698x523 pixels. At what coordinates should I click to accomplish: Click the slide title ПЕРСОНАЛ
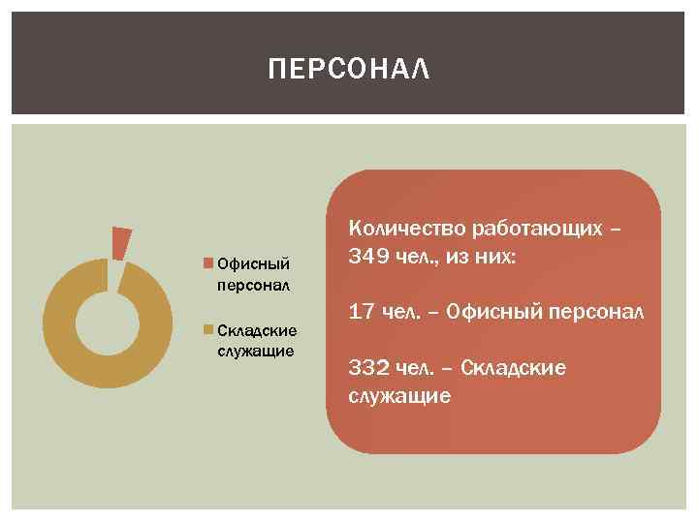[x=348, y=70]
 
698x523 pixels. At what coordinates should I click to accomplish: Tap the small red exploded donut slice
[x=120, y=243]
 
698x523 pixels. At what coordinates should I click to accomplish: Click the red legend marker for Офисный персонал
[x=208, y=262]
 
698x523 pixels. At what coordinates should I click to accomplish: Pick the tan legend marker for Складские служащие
[x=208, y=330]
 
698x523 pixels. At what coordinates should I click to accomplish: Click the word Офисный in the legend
[x=254, y=263]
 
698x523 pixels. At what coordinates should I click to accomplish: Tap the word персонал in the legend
[x=255, y=286]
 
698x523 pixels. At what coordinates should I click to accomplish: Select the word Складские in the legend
[x=258, y=330]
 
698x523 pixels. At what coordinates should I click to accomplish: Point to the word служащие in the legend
[x=256, y=350]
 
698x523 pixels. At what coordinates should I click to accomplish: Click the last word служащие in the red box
[x=398, y=395]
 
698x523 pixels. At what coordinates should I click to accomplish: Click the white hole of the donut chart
[x=102, y=322]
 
